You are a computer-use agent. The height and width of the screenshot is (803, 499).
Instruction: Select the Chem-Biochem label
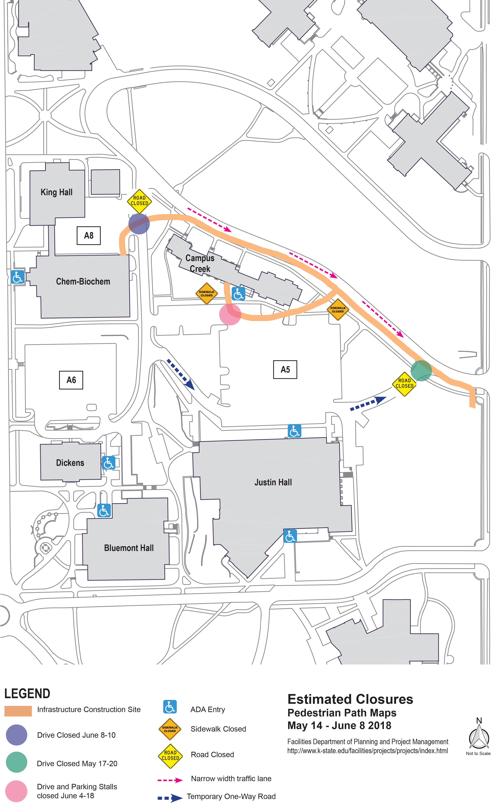[x=83, y=282]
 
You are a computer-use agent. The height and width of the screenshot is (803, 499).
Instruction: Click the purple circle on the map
[x=139, y=224]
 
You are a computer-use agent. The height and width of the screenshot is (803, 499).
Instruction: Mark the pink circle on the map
[x=230, y=314]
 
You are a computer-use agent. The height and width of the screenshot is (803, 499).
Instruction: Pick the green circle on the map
[x=421, y=371]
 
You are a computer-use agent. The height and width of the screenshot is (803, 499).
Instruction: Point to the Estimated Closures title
[x=350, y=699]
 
